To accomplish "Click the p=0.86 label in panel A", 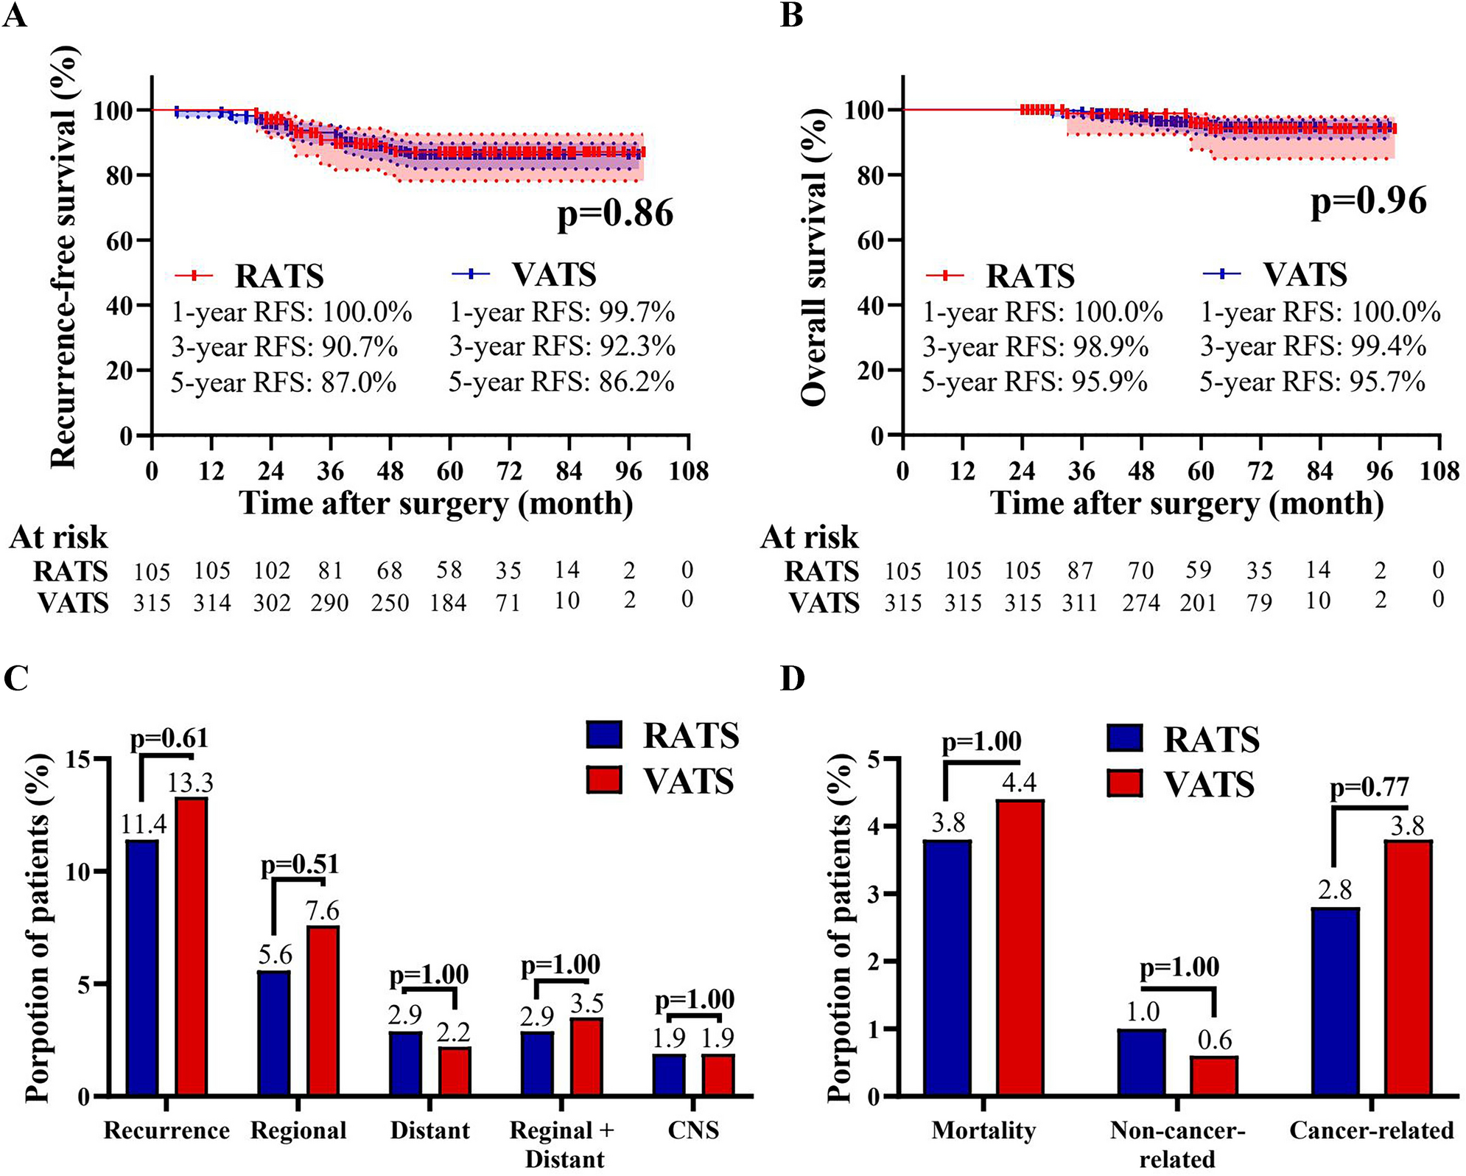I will [615, 214].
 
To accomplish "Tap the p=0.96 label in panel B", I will [1368, 201].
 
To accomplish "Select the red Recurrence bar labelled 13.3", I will [191, 947].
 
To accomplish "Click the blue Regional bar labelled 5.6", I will [274, 1033].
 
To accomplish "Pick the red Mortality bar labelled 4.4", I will [1020, 948].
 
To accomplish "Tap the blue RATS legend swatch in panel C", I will [604, 735].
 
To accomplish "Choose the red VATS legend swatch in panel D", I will [1125, 783].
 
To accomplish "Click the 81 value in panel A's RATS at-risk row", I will [331, 570].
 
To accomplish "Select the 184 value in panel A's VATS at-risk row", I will [449, 603].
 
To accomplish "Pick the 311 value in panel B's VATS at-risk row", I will [1080, 603].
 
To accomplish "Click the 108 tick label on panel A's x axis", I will [688, 471].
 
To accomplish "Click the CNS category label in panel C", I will [693, 1130].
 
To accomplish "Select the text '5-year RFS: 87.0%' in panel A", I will [284, 382].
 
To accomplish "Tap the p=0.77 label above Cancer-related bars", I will [1369, 788].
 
